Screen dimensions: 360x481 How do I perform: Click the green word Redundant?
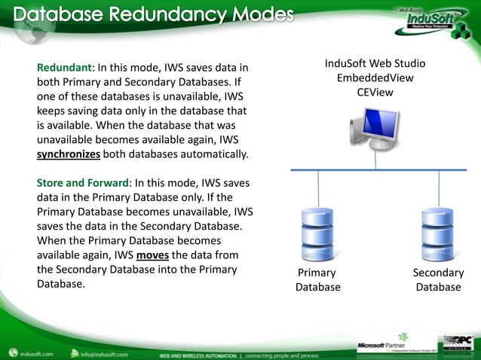click(61, 69)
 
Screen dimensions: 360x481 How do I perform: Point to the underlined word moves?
click(142, 255)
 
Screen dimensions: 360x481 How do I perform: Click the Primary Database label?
click(317, 279)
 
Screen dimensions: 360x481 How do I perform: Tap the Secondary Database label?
click(438, 279)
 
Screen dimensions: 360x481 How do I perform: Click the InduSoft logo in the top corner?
click(427, 19)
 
